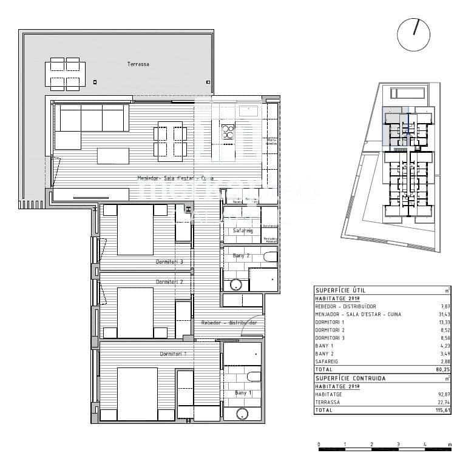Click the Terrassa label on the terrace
pyautogui.click(x=138, y=64)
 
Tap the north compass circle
pyautogui.click(x=413, y=34)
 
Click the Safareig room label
pyautogui.click(x=243, y=231)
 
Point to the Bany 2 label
pyautogui.click(x=242, y=256)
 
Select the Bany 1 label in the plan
pyautogui.click(x=244, y=394)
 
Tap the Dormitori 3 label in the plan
pyautogui.click(x=169, y=262)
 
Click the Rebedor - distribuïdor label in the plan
pyautogui.click(x=229, y=323)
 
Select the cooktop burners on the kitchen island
pyautogui.click(x=228, y=131)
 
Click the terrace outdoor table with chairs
pyautogui.click(x=65, y=73)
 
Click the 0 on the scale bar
pyautogui.click(x=319, y=445)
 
